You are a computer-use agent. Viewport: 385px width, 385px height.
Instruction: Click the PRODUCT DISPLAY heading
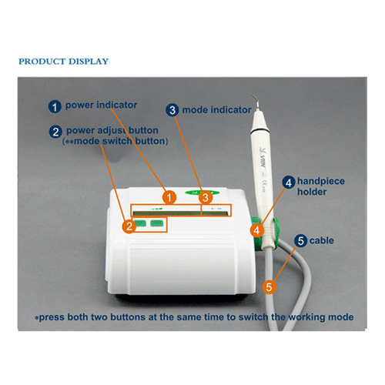tap(63, 62)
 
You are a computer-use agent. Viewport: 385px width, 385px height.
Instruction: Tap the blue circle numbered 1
tap(55, 106)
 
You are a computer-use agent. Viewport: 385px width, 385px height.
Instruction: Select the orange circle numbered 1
tap(169, 198)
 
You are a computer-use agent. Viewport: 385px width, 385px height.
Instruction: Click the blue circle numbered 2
tap(55, 132)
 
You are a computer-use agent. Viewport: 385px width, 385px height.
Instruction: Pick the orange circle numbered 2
tap(129, 226)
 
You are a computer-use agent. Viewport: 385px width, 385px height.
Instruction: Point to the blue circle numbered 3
tap(172, 110)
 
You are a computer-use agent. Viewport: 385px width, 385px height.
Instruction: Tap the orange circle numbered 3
tap(206, 198)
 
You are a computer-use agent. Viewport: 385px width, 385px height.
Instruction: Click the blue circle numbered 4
tap(289, 182)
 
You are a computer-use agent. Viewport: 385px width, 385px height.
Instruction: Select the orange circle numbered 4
tap(256, 230)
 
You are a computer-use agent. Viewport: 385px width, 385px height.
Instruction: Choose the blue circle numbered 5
tap(301, 241)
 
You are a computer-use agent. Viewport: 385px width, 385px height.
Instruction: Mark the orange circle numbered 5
tap(269, 286)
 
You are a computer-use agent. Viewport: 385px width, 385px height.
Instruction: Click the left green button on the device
tap(140, 223)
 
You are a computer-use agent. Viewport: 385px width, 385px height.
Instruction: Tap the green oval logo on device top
tap(203, 192)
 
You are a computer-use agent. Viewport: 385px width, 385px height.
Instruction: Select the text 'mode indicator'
tap(216, 110)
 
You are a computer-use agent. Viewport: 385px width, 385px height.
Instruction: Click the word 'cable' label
tap(322, 240)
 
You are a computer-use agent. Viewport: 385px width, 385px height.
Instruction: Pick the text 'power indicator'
tap(101, 105)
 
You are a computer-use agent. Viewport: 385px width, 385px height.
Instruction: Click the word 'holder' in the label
tap(312, 192)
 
